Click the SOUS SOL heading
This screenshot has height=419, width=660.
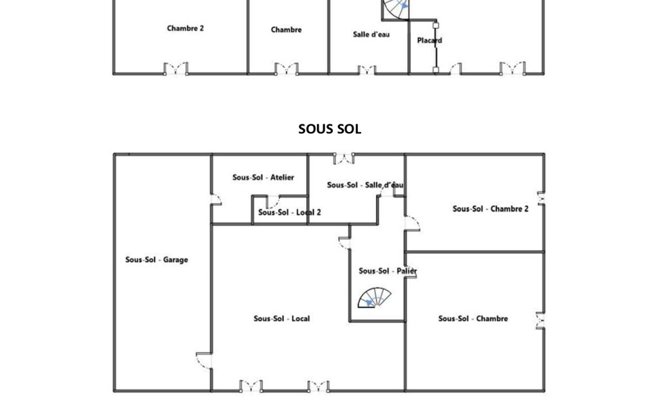(x=330, y=129)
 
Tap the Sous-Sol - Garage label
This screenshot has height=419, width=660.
(x=156, y=260)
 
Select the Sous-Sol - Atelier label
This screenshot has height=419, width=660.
(x=263, y=177)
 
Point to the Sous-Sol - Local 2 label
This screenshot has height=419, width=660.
(x=289, y=213)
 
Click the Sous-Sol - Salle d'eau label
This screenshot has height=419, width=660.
(x=365, y=185)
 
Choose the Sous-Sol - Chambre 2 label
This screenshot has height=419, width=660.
(x=491, y=209)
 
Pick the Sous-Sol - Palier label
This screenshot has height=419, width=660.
(x=388, y=271)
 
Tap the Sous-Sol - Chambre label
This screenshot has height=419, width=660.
(x=473, y=318)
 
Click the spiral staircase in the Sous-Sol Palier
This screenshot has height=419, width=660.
(x=374, y=298)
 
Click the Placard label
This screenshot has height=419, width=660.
(x=429, y=41)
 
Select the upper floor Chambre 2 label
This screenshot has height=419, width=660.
(x=185, y=28)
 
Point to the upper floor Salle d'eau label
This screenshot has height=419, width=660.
(x=372, y=35)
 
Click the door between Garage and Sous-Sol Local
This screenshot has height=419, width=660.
(x=204, y=360)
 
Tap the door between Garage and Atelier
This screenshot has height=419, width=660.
(x=216, y=199)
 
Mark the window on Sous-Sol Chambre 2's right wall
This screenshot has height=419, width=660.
(x=542, y=199)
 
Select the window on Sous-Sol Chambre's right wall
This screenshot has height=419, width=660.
(x=540, y=320)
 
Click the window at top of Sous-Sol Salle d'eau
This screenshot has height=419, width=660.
(x=344, y=159)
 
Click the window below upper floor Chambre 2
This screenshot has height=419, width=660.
(x=176, y=69)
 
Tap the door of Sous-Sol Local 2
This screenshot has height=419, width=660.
(x=273, y=202)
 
